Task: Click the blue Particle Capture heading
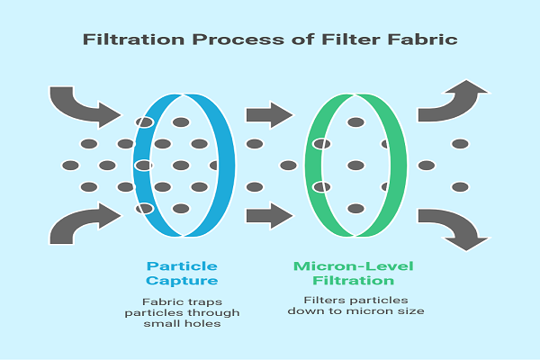tap(182, 274)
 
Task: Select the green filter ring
tap(391, 166)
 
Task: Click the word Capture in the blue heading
tap(182, 281)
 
